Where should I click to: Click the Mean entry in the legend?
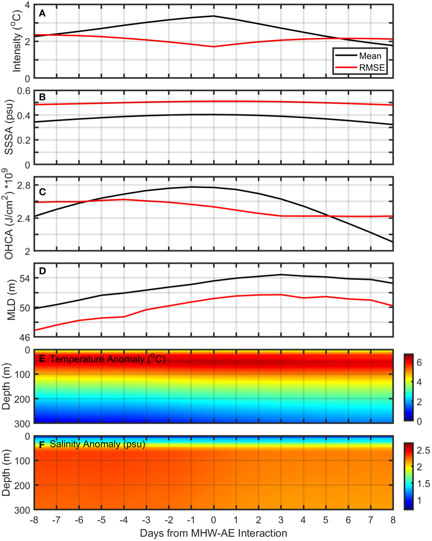tap(370, 56)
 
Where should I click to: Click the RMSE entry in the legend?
tap(371, 68)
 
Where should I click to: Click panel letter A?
tap(42, 14)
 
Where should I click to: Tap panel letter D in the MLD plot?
tap(42, 271)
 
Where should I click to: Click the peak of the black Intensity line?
tap(214, 16)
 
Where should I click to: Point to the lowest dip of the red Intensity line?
tap(214, 47)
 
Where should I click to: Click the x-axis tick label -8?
tap(34, 520)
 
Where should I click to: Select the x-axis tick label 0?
tap(214, 520)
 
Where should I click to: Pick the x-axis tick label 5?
tap(326, 520)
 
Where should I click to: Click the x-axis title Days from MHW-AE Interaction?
tap(214, 533)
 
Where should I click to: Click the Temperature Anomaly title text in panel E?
tap(107, 359)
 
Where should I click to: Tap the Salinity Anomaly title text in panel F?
tap(97, 444)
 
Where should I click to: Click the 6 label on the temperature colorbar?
tap(419, 363)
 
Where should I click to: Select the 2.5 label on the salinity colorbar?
tap(423, 451)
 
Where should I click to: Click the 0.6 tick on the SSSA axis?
tap(24, 91)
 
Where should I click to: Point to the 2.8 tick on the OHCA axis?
tap(24, 185)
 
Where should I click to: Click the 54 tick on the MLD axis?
tap(25, 278)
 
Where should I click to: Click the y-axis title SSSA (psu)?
tap(9, 127)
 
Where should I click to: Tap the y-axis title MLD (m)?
tap(12, 300)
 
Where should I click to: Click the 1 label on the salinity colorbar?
tap(419, 500)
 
